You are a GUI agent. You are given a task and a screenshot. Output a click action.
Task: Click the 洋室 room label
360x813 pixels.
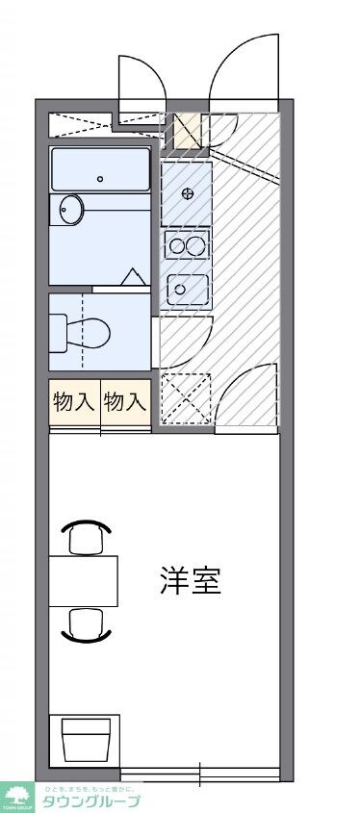[191, 581]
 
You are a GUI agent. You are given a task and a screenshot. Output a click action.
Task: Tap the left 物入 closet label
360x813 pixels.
[74, 402]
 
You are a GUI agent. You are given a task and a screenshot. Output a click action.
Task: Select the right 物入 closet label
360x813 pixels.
[125, 402]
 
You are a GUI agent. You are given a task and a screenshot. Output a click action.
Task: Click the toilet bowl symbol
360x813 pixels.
[85, 333]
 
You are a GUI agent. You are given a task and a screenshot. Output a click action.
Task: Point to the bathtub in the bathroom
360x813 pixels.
[100, 169]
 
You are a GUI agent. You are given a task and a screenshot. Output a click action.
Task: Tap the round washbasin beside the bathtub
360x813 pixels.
[70, 209]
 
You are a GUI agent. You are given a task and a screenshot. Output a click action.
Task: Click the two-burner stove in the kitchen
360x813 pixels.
[187, 245]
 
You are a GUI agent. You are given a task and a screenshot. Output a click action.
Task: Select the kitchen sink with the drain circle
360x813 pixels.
[187, 288]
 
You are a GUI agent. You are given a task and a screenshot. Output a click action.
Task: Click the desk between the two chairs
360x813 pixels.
[84, 581]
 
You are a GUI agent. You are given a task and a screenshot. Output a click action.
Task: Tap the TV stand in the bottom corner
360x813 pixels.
[84, 742]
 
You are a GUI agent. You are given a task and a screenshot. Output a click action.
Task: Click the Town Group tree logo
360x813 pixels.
[17, 797]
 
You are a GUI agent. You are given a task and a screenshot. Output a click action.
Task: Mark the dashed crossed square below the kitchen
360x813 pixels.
[184, 397]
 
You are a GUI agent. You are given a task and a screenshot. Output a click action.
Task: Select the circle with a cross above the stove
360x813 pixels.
[188, 193]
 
